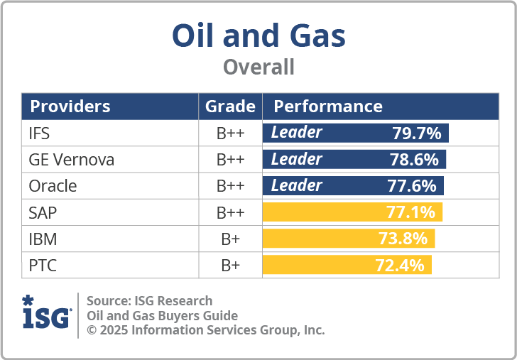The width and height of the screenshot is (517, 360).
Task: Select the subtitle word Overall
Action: pyautogui.click(x=258, y=67)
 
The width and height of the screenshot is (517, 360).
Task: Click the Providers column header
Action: pyautogui.click(x=70, y=107)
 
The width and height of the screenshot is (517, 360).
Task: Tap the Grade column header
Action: pyautogui.click(x=230, y=107)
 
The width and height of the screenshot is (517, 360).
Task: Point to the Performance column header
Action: pyautogui.click(x=328, y=107)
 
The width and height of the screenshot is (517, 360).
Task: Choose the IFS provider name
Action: pyautogui.click(x=40, y=133)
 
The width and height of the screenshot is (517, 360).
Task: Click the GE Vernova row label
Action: pyautogui.click(x=71, y=160)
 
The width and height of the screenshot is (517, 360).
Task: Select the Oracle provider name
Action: pyautogui.click(x=53, y=186)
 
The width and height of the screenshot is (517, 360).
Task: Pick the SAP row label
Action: pyautogui.click(x=43, y=212)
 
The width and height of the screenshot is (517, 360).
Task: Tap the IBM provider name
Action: pyautogui.click(x=43, y=239)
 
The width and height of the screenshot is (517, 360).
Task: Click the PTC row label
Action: pyautogui.click(x=43, y=266)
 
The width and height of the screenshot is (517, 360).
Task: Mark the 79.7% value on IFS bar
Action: pyautogui.click(x=417, y=133)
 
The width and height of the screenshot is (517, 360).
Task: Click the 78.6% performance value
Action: pyautogui.click(x=414, y=160)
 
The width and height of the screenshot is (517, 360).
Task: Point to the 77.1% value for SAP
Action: pyautogui.click(x=410, y=212)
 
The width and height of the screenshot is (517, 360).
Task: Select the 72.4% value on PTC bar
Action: pyautogui.click(x=399, y=266)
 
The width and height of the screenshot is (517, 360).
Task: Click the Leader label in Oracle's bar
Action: pyautogui.click(x=297, y=186)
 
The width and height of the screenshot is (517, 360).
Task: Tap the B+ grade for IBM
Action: pyautogui.click(x=230, y=239)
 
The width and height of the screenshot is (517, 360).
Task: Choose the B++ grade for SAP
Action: pyautogui.click(x=230, y=212)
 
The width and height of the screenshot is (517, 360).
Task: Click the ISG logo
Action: pyautogui.click(x=46, y=312)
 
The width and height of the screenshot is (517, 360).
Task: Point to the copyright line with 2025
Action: pyautogui.click(x=205, y=330)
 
